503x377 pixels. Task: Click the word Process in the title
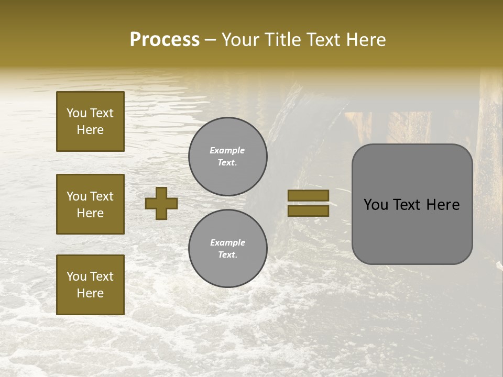(x=165, y=40)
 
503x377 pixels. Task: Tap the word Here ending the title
(x=365, y=40)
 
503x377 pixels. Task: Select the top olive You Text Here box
(x=90, y=121)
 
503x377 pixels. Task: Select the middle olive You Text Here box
(x=90, y=204)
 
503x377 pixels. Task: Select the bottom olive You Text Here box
(x=90, y=284)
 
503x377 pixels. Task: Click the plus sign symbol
(x=161, y=203)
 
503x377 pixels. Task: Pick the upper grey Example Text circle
(x=227, y=157)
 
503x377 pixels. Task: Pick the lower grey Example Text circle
(x=227, y=248)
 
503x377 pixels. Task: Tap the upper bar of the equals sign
(x=308, y=195)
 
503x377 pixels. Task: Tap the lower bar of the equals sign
(x=308, y=210)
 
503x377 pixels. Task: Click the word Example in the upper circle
(x=227, y=150)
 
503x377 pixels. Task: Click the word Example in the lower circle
(x=227, y=242)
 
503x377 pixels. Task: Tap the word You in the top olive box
(x=76, y=113)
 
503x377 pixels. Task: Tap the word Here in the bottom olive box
(x=90, y=293)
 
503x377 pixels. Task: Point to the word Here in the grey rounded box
(x=443, y=205)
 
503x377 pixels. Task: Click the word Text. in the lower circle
(x=227, y=255)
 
